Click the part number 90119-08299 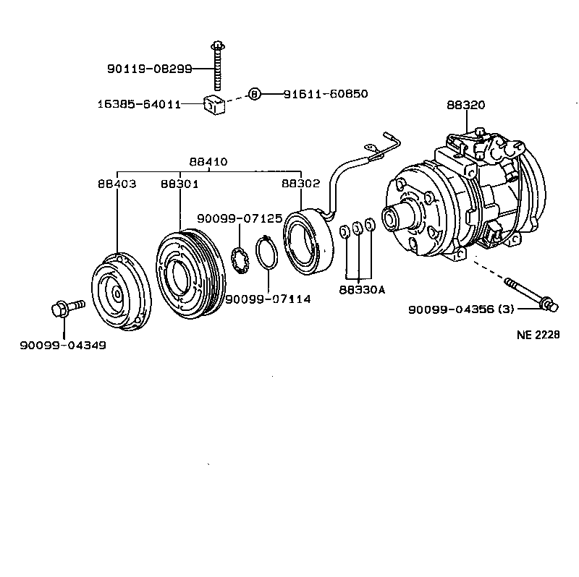pyautogui.click(x=149, y=69)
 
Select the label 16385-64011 pyautogui.click(x=138, y=104)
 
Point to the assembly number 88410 pyautogui.click(x=208, y=162)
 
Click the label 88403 pyautogui.click(x=117, y=184)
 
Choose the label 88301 pyautogui.click(x=179, y=184)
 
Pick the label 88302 pyautogui.click(x=300, y=184)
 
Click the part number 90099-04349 pyautogui.click(x=63, y=346)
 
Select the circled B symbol pyautogui.click(x=253, y=94)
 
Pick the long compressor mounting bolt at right pyautogui.click(x=531, y=294)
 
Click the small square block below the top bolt pyautogui.click(x=214, y=106)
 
